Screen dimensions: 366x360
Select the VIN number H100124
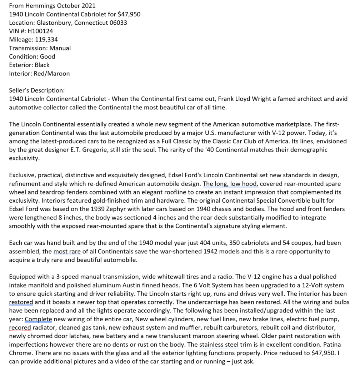coord(40,31)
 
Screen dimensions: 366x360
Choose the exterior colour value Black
coord(42,65)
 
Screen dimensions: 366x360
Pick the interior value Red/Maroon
coord(52,74)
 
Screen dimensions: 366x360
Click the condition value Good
coord(47,56)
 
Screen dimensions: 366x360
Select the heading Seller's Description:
coord(37,90)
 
